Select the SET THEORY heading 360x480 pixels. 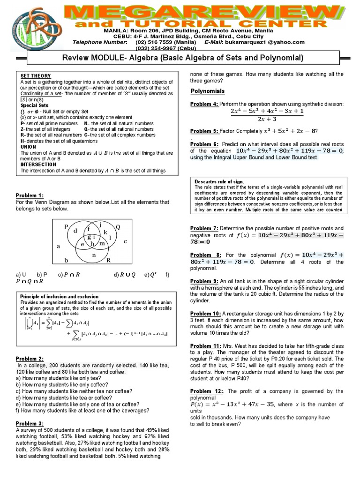click(x=36, y=76)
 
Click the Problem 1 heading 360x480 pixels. click(x=30, y=195)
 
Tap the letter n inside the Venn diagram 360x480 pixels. click(x=94, y=255)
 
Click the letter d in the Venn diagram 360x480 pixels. click(x=75, y=231)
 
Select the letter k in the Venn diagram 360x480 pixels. click(x=105, y=232)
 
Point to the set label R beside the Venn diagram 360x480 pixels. click(x=108, y=260)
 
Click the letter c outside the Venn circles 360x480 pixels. click(x=126, y=241)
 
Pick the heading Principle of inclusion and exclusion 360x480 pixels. click(x=59, y=297)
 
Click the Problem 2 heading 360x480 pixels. click(x=30, y=359)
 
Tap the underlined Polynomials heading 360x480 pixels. click(x=208, y=91)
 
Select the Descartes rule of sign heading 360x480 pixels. click(x=219, y=181)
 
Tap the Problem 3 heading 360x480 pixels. click(x=30, y=423)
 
